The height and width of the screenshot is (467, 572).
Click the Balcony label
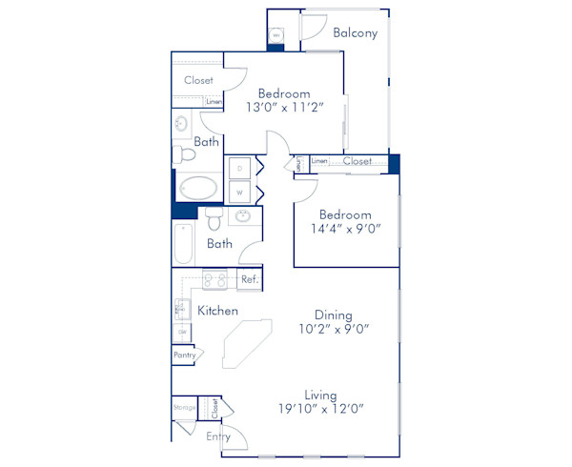click(356, 32)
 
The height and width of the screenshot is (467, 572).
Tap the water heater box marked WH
click(276, 35)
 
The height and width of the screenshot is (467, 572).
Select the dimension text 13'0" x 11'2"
click(284, 109)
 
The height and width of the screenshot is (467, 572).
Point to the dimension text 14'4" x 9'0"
click(344, 229)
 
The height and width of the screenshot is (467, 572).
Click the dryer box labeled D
click(240, 168)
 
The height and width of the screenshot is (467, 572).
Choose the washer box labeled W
click(240, 192)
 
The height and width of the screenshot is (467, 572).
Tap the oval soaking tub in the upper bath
click(197, 188)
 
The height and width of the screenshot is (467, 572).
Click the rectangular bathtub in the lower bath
click(182, 244)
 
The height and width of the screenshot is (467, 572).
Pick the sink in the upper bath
click(181, 125)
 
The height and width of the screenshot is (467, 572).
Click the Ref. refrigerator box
click(250, 279)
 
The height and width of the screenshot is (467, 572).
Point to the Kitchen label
click(217, 311)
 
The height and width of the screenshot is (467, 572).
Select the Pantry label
click(184, 355)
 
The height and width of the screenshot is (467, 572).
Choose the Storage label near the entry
click(184, 408)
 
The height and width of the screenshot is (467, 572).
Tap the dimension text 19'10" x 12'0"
click(321, 409)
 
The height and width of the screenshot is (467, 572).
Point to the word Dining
click(334, 315)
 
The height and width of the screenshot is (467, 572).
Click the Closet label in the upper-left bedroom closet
click(198, 81)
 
